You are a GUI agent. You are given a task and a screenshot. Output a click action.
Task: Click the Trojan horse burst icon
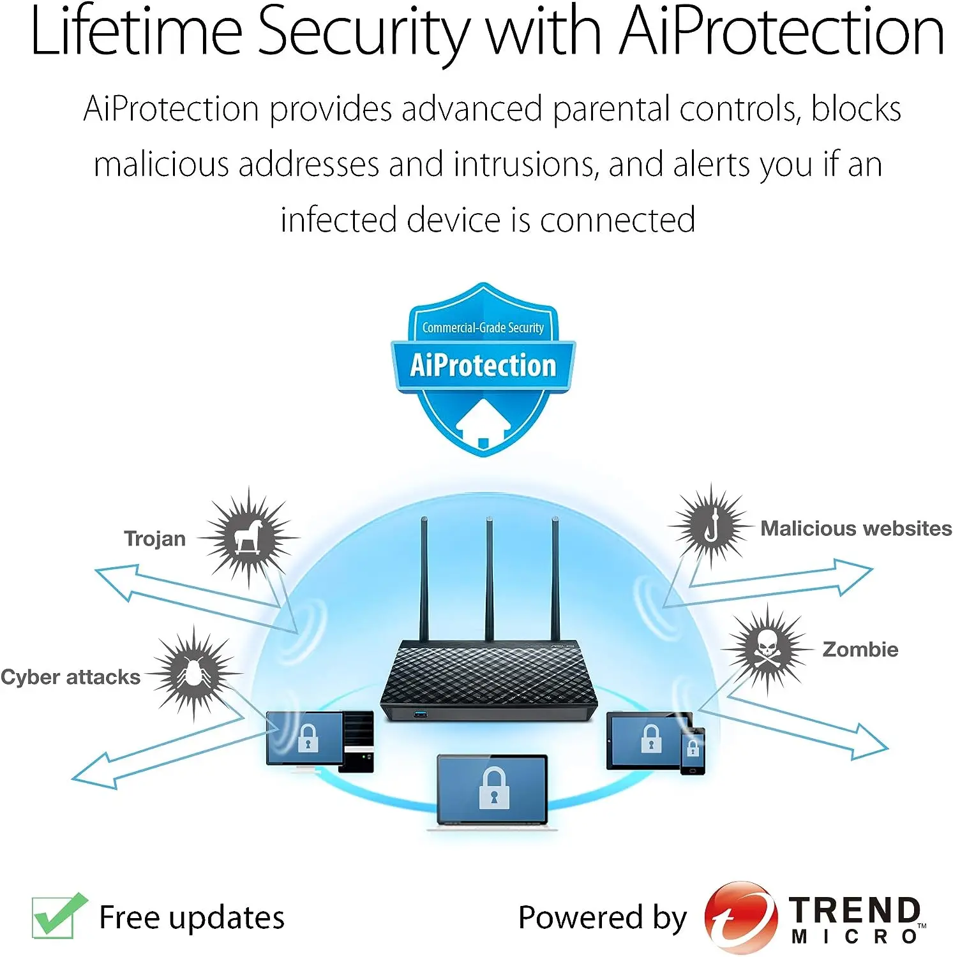248,537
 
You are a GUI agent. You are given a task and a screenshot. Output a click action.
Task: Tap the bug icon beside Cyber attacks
193,673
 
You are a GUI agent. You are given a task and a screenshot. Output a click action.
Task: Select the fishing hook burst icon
710,527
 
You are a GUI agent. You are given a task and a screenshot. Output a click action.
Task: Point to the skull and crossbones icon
767,649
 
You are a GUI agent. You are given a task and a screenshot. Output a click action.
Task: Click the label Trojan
154,538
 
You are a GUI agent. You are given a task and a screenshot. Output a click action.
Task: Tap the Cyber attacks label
70,677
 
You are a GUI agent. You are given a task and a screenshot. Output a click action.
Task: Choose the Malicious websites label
856,528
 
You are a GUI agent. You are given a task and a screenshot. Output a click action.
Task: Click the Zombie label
860,649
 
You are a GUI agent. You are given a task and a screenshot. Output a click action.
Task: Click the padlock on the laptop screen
494,789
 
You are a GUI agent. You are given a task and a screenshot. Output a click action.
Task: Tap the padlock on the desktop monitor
308,738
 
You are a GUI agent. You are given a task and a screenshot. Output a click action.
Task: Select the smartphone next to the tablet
693,751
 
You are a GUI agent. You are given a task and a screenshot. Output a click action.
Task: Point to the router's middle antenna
489,579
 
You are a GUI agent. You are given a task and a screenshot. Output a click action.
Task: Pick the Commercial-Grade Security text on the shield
483,328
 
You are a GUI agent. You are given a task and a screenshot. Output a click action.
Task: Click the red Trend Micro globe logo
741,917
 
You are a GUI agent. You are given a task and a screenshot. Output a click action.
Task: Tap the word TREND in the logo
855,910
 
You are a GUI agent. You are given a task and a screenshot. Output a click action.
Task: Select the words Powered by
602,918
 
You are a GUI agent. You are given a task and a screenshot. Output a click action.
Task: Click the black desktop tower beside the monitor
356,741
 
